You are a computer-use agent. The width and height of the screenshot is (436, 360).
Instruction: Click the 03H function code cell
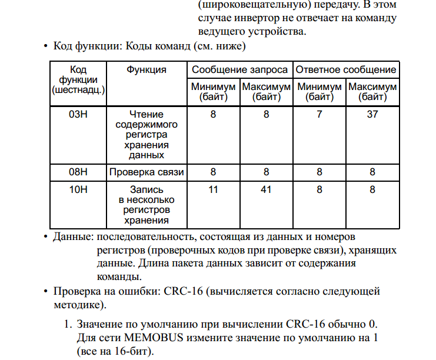[78, 114]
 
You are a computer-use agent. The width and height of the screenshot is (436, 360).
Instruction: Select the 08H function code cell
[78, 172]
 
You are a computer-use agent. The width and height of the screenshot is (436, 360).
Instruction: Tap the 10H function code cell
[78, 190]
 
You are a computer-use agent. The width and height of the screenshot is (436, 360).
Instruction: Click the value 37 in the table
[372, 114]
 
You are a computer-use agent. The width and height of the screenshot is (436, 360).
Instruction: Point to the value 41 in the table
[266, 190]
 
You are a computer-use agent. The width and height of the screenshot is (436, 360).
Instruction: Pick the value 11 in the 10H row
[213, 190]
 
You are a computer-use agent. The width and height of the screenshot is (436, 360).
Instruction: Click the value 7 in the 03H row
[319, 114]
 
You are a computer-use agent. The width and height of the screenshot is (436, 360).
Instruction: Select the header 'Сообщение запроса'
[239, 69]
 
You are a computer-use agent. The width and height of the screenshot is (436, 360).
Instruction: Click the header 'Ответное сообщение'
[345, 69]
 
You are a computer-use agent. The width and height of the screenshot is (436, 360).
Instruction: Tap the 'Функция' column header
[147, 69]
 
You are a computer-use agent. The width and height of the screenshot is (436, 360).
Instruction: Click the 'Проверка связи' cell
[147, 172]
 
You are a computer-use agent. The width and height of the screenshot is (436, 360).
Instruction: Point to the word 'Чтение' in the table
[147, 114]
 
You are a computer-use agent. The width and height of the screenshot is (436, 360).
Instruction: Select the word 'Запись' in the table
[147, 190]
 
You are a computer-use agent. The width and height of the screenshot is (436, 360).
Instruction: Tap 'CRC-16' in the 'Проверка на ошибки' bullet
[185, 291]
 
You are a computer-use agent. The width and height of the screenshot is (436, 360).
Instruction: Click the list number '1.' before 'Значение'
[68, 325]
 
